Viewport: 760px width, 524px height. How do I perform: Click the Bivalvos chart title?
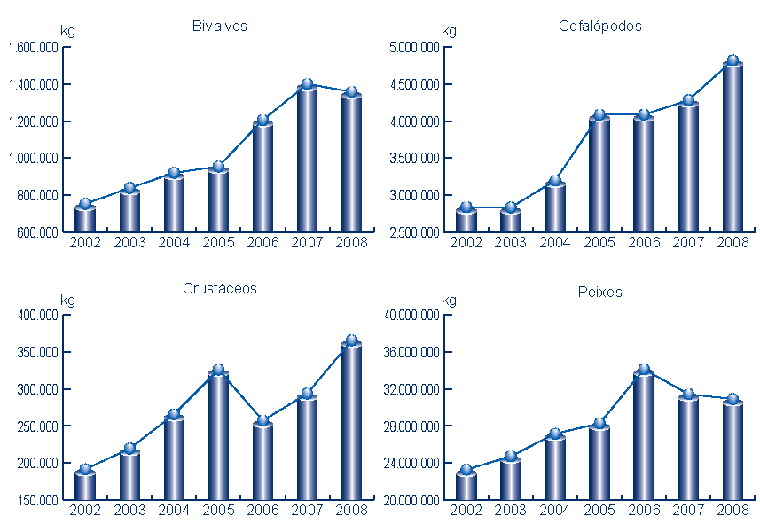click(x=219, y=26)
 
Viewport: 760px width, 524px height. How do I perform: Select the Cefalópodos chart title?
click(x=599, y=26)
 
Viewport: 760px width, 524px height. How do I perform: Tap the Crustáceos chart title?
click(x=219, y=288)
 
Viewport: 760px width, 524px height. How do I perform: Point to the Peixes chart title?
click(x=599, y=292)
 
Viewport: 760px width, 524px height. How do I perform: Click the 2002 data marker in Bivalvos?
click(x=85, y=205)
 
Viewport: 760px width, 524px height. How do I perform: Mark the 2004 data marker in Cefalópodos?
click(x=555, y=181)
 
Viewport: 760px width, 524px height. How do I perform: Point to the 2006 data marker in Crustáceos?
click(x=262, y=421)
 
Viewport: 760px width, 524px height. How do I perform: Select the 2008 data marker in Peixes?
click(x=733, y=400)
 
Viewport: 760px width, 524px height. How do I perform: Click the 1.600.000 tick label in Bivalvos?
click(x=33, y=48)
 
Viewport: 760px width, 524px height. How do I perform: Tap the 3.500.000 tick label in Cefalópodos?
click(x=414, y=159)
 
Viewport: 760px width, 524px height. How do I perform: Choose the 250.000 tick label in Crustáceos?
click(x=38, y=426)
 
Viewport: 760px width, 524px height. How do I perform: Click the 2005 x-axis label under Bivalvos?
click(x=218, y=242)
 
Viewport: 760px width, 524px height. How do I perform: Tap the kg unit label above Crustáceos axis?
click(x=67, y=301)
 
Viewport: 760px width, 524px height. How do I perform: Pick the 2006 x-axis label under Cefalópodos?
click(x=644, y=242)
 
